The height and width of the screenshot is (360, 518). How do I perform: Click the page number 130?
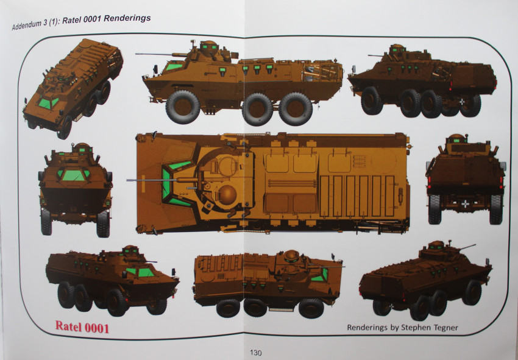(x=255, y=352)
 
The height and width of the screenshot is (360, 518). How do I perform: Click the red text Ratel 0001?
(x=82, y=327)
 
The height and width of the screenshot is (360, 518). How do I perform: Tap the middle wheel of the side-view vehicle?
(x=257, y=108)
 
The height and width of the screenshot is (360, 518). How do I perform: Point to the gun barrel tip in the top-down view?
(x=129, y=180)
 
